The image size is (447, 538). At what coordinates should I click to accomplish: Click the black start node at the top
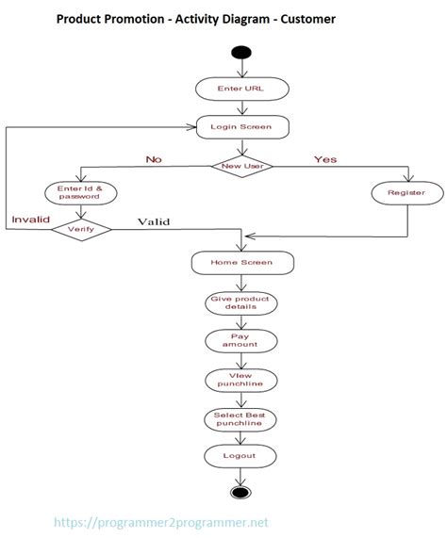click(x=241, y=52)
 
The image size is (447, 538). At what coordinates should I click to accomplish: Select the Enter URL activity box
click(x=241, y=89)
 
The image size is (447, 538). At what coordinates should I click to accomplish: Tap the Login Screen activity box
click(x=241, y=126)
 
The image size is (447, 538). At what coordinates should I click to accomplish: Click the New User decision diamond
click(x=241, y=166)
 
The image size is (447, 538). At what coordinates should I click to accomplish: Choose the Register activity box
click(x=406, y=193)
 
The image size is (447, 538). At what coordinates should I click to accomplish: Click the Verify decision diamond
click(x=80, y=228)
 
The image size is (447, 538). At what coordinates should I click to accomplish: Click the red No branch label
click(x=153, y=159)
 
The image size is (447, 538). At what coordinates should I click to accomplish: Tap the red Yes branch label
click(x=325, y=158)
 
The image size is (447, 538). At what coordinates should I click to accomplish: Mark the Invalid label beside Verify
click(x=29, y=220)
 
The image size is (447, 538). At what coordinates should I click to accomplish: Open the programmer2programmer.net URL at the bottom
click(x=163, y=521)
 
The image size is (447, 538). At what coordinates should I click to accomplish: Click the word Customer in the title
click(x=304, y=18)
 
